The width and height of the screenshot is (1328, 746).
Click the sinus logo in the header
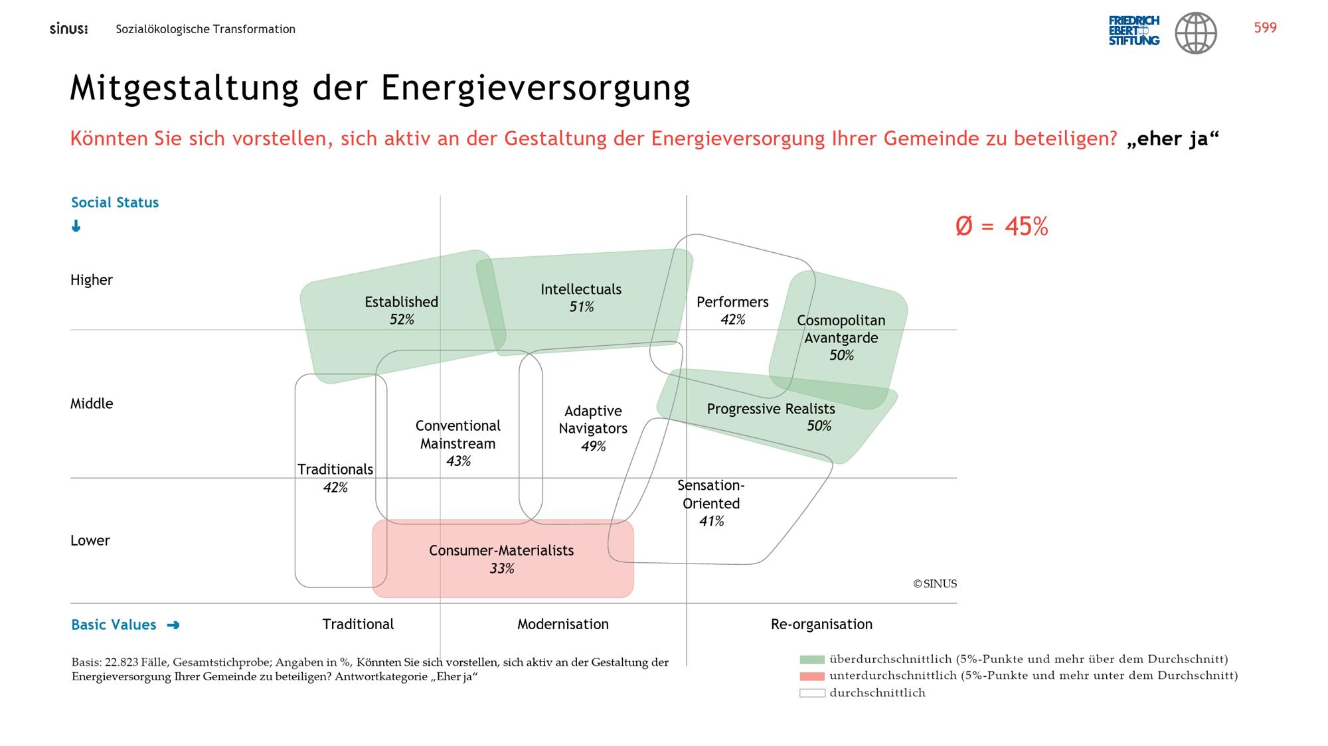pyautogui.click(x=68, y=29)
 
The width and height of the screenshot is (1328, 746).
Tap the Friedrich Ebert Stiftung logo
pyautogui.click(x=1134, y=31)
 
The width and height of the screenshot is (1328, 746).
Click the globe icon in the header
pyautogui.click(x=1196, y=33)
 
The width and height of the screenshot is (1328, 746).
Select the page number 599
pyautogui.click(x=1265, y=27)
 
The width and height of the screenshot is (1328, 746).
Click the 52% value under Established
pyautogui.click(x=402, y=320)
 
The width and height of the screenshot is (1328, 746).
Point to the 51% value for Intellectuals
pyautogui.click(x=581, y=307)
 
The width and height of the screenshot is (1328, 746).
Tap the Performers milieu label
pyautogui.click(x=732, y=302)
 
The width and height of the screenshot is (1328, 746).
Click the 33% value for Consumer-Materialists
pyautogui.click(x=502, y=569)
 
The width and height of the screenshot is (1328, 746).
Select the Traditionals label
pyautogui.click(x=335, y=470)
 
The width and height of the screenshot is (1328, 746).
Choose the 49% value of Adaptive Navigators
pyautogui.click(x=593, y=447)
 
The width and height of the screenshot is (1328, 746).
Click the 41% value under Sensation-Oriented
pyautogui.click(x=711, y=522)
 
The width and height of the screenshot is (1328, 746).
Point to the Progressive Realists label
pyautogui.click(x=771, y=409)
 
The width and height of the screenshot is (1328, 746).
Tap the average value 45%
pyautogui.click(x=1026, y=226)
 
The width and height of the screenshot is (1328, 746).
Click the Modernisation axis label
pyautogui.click(x=563, y=625)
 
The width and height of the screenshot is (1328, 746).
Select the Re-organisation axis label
pyautogui.click(x=821, y=625)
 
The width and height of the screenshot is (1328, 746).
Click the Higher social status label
pyautogui.click(x=92, y=280)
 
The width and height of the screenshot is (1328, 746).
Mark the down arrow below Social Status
pyautogui.click(x=76, y=226)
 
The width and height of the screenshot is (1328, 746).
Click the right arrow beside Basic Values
pyautogui.click(x=173, y=625)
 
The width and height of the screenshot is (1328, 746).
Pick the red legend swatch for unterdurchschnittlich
pyautogui.click(x=812, y=676)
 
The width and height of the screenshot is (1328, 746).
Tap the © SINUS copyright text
pyautogui.click(x=935, y=584)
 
